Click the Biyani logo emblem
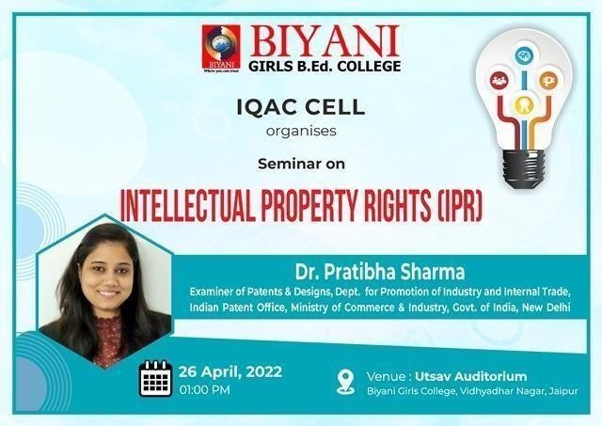tap(221, 49)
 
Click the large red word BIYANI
tap(325, 41)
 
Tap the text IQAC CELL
tap(301, 107)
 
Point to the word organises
tap(301, 132)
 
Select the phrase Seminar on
tap(301, 164)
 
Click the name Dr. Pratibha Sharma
tap(380, 272)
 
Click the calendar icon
tap(155, 378)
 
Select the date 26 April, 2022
tap(230, 371)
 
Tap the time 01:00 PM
tap(205, 390)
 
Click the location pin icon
tap(345, 382)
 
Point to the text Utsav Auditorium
tap(470, 376)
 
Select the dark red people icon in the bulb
tap(499, 80)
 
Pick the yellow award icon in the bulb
tap(523, 104)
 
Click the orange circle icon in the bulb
tap(547, 81)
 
